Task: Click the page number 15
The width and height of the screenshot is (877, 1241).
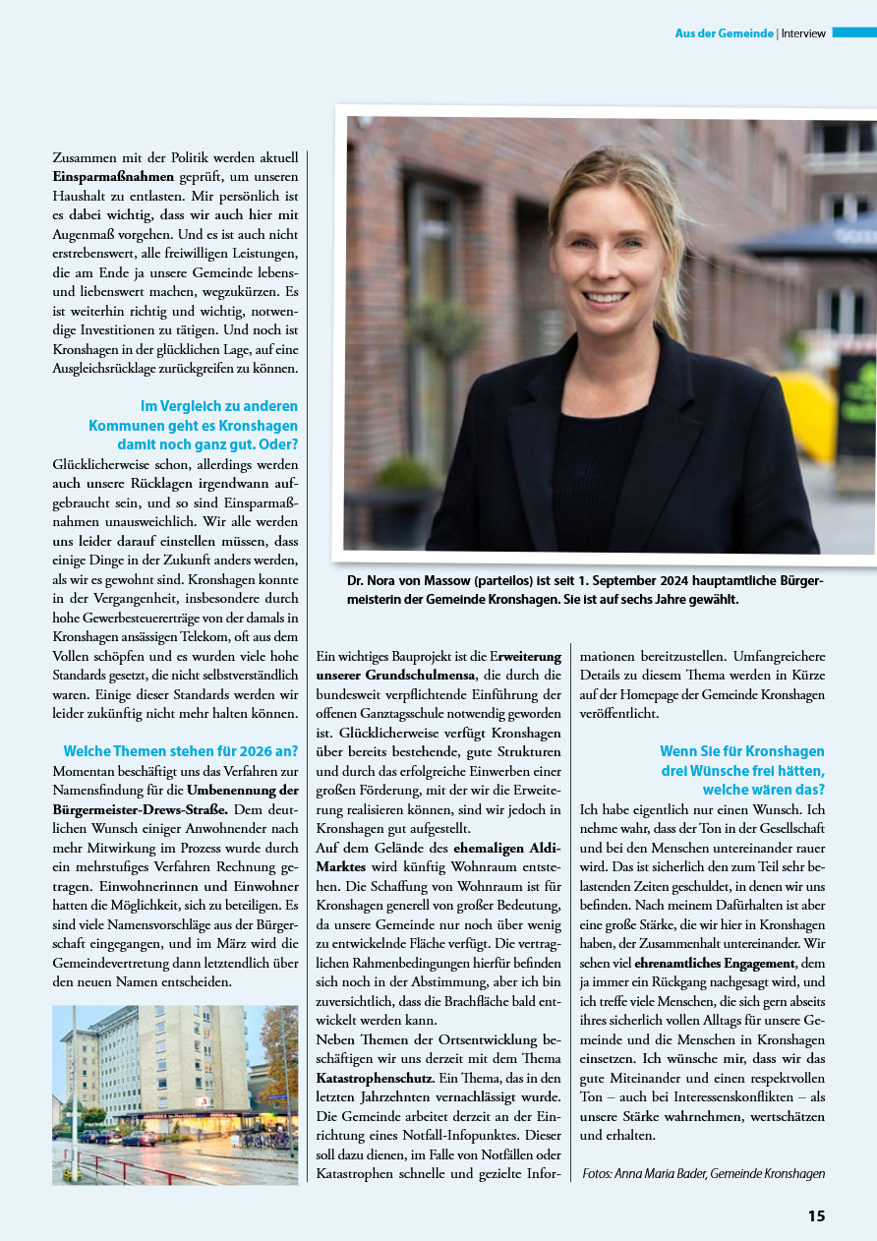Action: [816, 1215]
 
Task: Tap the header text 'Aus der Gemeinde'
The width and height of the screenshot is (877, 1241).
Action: [724, 33]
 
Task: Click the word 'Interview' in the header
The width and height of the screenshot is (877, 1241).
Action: [803, 33]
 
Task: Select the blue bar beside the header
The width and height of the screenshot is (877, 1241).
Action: [853, 32]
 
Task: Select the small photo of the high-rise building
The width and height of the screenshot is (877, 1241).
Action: [175, 1094]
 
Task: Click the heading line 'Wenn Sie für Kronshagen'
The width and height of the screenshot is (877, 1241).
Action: [741, 751]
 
